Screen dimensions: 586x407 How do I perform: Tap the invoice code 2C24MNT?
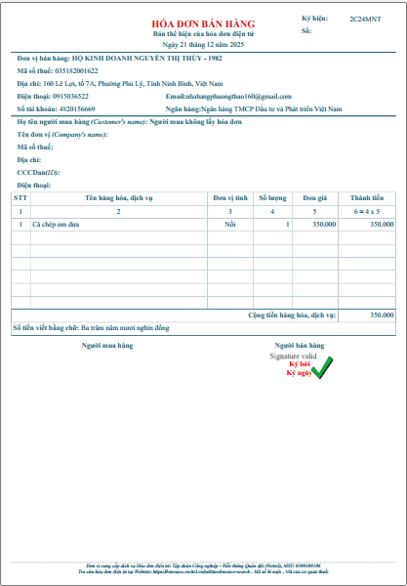(365, 20)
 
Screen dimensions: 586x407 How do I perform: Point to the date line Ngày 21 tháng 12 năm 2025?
(202, 45)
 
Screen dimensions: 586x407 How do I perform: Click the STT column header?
(20, 197)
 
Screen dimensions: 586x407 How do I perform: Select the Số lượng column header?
(272, 197)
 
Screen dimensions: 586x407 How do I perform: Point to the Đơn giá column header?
(314, 197)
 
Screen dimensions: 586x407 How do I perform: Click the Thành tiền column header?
(366, 197)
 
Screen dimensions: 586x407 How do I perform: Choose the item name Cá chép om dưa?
(55, 224)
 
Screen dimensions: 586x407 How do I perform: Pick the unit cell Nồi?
(230, 224)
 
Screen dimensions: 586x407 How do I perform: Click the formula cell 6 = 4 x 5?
(366, 211)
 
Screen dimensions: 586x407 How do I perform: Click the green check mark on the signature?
(322, 367)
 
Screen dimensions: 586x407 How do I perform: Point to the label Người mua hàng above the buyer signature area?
(107, 345)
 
